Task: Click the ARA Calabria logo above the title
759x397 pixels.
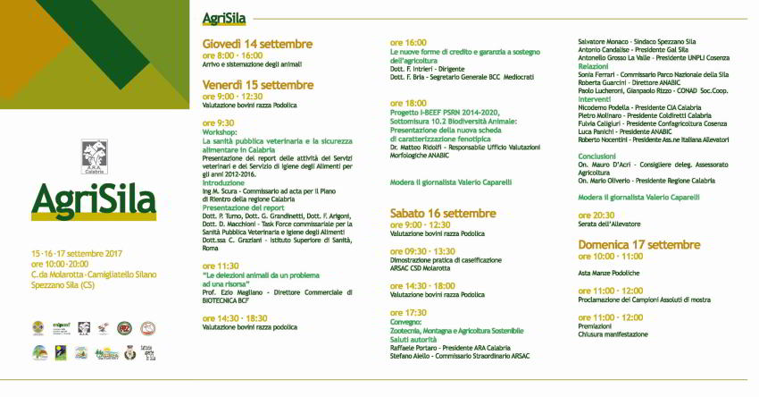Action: (94, 155)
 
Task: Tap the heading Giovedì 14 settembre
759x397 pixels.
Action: (257, 44)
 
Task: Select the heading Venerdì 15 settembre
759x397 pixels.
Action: (258, 85)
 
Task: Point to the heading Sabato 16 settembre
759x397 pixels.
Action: (444, 213)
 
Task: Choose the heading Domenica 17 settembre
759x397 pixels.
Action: (638, 244)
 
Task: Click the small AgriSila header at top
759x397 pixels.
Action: (225, 18)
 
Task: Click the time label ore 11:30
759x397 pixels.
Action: (221, 266)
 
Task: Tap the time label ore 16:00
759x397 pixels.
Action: (408, 42)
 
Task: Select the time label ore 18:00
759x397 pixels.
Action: (408, 103)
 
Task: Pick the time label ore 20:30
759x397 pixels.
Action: (596, 215)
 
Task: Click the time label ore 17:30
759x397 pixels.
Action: (408, 312)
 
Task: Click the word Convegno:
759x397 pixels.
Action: (408, 322)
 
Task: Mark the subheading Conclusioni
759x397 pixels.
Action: (597, 156)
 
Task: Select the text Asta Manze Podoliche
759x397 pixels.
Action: (609, 273)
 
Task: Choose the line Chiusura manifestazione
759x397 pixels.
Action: (613, 334)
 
